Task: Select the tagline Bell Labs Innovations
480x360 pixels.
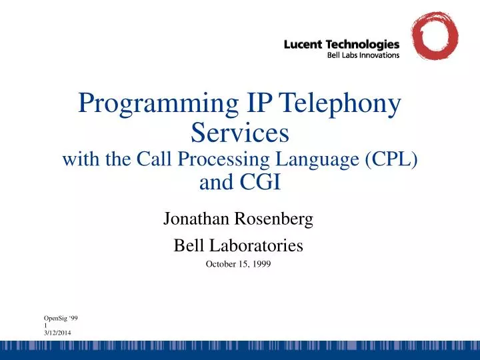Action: tap(363, 55)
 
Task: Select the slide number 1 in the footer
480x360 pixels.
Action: tap(45, 326)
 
